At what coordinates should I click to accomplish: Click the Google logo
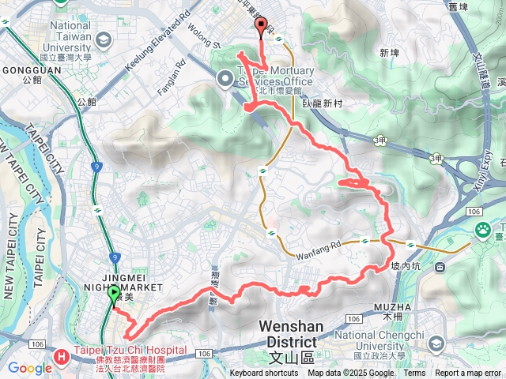pos(29,368)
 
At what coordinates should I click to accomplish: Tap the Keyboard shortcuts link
pos(264,373)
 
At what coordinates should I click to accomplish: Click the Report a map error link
pos(469,373)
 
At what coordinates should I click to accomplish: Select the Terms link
pos(414,373)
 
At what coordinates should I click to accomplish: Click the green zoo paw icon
pos(482,229)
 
